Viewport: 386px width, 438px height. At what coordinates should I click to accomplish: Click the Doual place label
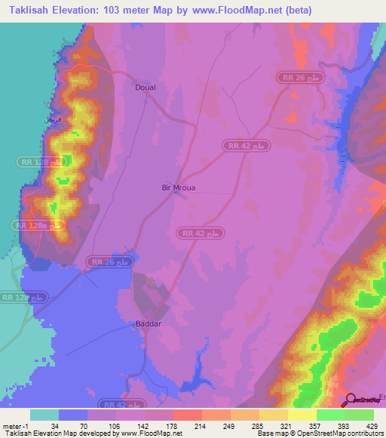146,87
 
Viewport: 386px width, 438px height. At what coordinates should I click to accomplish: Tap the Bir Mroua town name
179,188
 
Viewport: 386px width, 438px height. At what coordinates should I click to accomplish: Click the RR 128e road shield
35,225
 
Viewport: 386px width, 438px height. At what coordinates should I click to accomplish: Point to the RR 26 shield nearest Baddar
110,261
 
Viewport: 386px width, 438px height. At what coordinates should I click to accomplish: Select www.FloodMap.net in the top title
240,11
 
